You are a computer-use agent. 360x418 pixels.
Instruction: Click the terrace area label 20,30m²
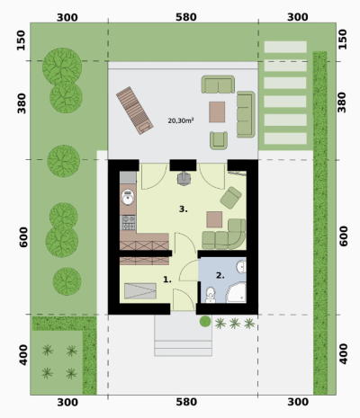point(181,120)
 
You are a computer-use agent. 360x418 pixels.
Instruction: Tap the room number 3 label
point(184,209)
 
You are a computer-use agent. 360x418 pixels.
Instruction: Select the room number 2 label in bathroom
point(220,275)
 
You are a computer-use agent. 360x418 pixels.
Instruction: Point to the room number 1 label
point(167,280)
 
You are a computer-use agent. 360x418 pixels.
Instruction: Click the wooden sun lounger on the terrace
point(135,111)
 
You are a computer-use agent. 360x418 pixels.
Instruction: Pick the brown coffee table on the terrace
point(217,112)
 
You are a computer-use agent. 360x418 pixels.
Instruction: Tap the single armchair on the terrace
point(219,140)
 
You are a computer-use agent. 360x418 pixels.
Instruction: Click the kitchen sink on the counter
point(128,198)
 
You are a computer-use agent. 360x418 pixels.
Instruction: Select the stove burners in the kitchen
point(129,223)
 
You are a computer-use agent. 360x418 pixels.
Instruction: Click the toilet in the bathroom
point(211,295)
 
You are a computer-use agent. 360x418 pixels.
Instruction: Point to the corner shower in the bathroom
point(236,292)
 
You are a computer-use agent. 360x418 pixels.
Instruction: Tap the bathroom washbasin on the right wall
point(241,267)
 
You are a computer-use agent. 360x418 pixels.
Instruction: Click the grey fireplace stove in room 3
point(184,179)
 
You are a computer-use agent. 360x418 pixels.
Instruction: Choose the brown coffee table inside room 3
point(214,219)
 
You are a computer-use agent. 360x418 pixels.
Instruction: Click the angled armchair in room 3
point(230,198)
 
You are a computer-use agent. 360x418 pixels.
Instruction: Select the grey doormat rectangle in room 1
point(140,291)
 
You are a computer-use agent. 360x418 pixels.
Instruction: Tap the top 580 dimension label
point(186,17)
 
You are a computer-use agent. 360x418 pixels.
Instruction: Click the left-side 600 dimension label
point(23,237)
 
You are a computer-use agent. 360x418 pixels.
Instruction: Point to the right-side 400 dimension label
point(343,354)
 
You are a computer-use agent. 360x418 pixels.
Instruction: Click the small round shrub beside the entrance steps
point(205,322)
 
